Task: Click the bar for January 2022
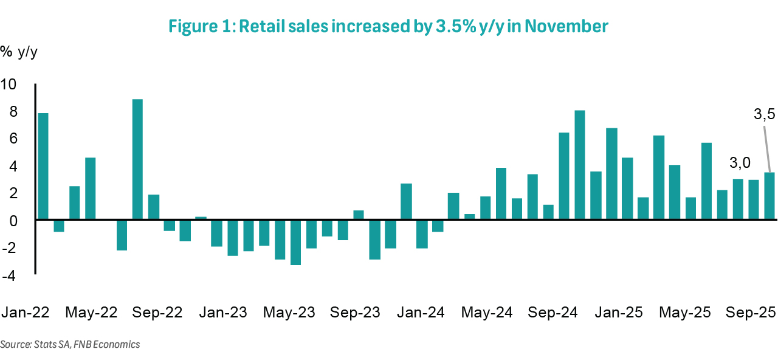[43, 166]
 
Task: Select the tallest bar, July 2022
[138, 159]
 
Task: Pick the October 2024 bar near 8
[580, 165]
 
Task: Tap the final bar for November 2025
[769, 196]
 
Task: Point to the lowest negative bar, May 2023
[296, 242]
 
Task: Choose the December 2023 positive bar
[407, 201]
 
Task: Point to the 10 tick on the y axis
[12, 84]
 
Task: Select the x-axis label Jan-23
[222, 313]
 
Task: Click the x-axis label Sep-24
[553, 313]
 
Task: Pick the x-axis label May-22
[91, 313]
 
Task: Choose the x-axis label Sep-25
[750, 313]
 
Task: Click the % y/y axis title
[19, 52]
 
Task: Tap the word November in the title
[567, 27]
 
